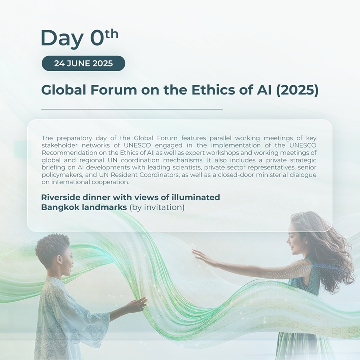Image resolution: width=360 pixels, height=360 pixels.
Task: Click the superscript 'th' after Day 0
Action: point(109,34)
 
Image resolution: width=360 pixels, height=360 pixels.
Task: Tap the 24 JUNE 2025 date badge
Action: point(83,63)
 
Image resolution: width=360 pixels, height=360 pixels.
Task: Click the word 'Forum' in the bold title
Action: point(114,90)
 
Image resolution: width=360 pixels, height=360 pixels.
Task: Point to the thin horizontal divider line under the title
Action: point(132,109)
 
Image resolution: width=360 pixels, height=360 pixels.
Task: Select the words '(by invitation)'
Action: point(157,207)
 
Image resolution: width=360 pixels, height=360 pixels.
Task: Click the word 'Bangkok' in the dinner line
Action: point(59,207)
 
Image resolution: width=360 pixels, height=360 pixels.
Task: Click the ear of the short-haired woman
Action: point(60,260)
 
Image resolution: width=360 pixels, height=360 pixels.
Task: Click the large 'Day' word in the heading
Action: point(62,38)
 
